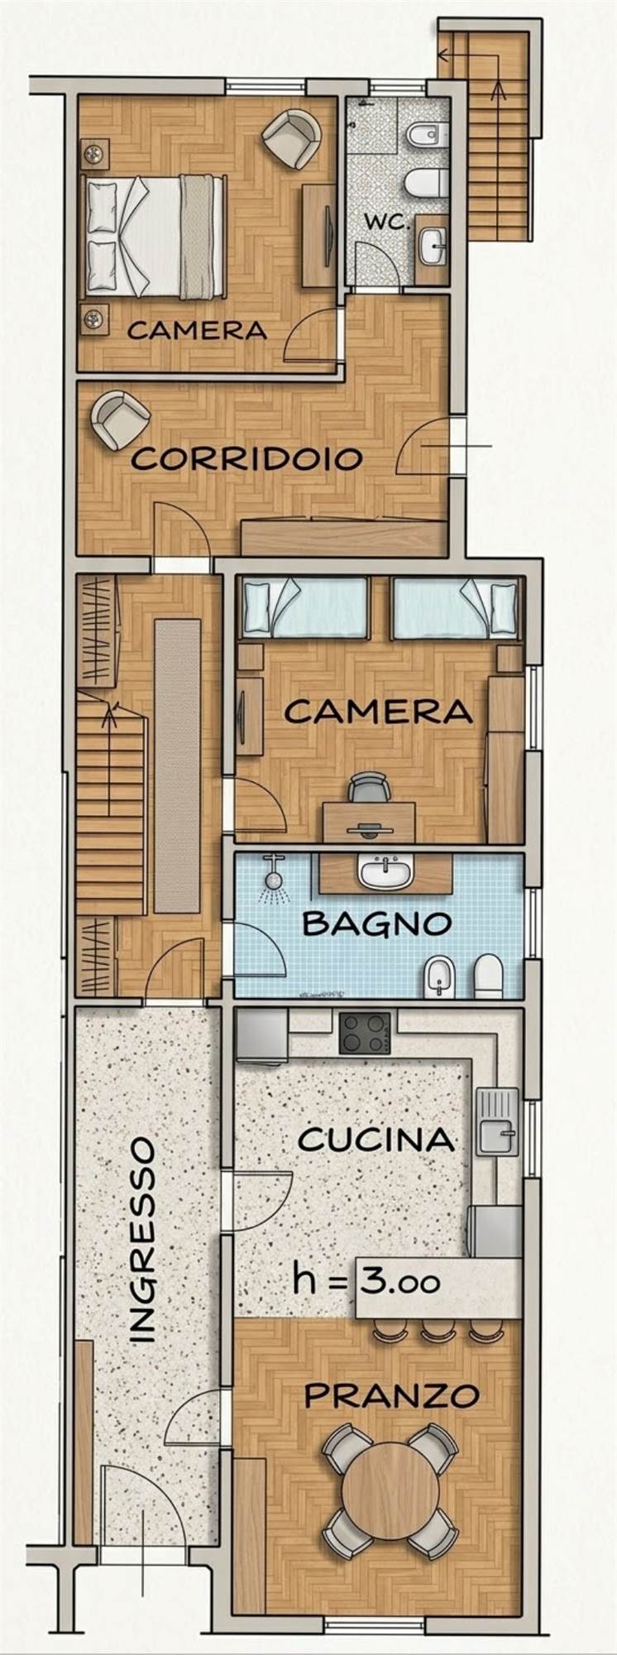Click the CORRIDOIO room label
pyautogui.click(x=247, y=458)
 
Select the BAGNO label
pyautogui.click(x=376, y=923)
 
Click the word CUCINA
pyautogui.click(x=376, y=1139)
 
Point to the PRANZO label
pyautogui.click(x=392, y=1396)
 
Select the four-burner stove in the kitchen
pyautogui.click(x=364, y=1032)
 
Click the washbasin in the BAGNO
pyautogui.click(x=385, y=871)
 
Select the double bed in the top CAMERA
pyautogui.click(x=154, y=236)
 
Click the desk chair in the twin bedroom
pyautogui.click(x=369, y=788)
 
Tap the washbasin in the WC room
pyautogui.click(x=431, y=243)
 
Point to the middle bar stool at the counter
pyautogui.click(x=434, y=1331)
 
